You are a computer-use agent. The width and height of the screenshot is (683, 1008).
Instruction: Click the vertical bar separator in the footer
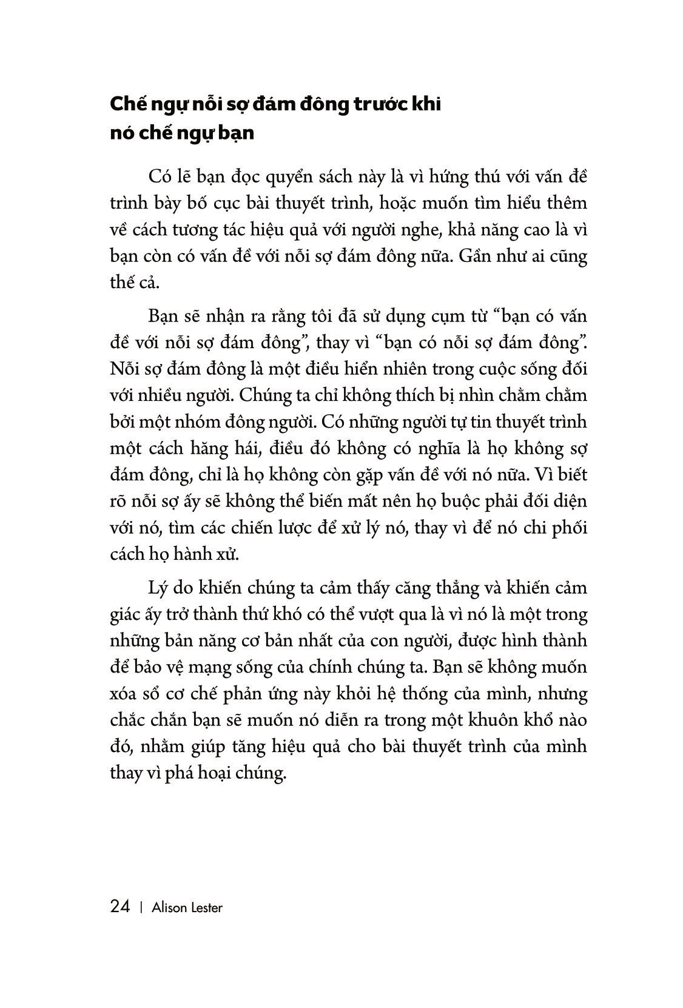pyautogui.click(x=141, y=908)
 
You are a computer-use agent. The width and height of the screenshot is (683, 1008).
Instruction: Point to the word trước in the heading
pyautogui.click(x=371, y=104)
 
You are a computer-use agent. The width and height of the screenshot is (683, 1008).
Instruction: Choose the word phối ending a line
pyautogui.click(x=570, y=528)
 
